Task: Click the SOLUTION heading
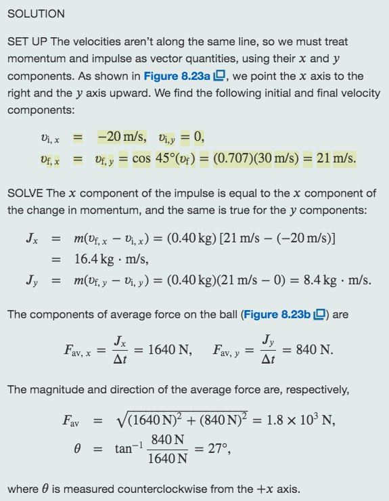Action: pyautogui.click(x=36, y=14)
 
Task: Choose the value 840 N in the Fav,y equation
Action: pyautogui.click(x=315, y=349)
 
